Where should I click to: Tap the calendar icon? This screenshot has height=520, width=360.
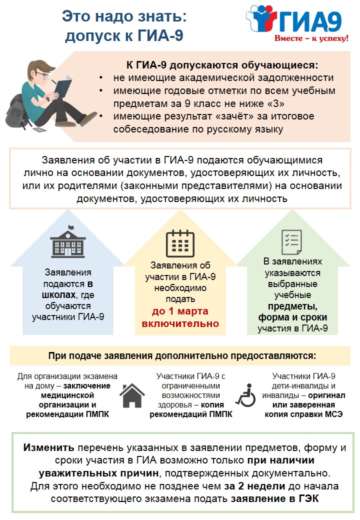(x=180, y=243)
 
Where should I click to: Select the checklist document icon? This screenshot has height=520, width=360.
(x=292, y=242)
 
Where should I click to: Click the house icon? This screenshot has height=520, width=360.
(x=131, y=396)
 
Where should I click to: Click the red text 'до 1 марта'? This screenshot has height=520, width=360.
(x=180, y=311)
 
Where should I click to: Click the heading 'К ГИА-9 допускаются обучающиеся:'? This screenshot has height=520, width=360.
(x=221, y=65)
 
